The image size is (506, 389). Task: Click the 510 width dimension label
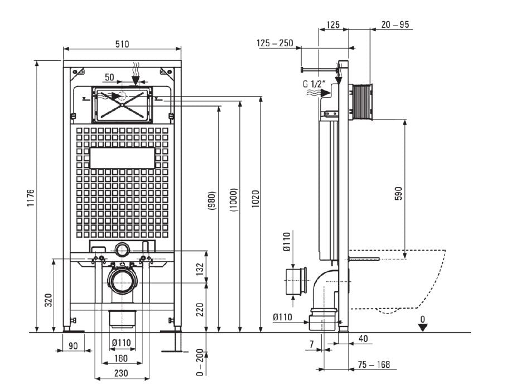pyautogui.click(x=122, y=44)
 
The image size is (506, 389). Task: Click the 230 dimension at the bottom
pyautogui.click(x=122, y=373)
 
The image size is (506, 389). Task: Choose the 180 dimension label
pyautogui.click(x=122, y=358)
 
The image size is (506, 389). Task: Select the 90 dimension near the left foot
pyautogui.click(x=73, y=346)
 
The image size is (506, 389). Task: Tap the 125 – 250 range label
pyautogui.click(x=276, y=44)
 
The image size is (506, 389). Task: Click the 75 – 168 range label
pyautogui.click(x=374, y=365)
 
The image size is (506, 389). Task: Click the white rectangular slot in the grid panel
pyautogui.click(x=122, y=158)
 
